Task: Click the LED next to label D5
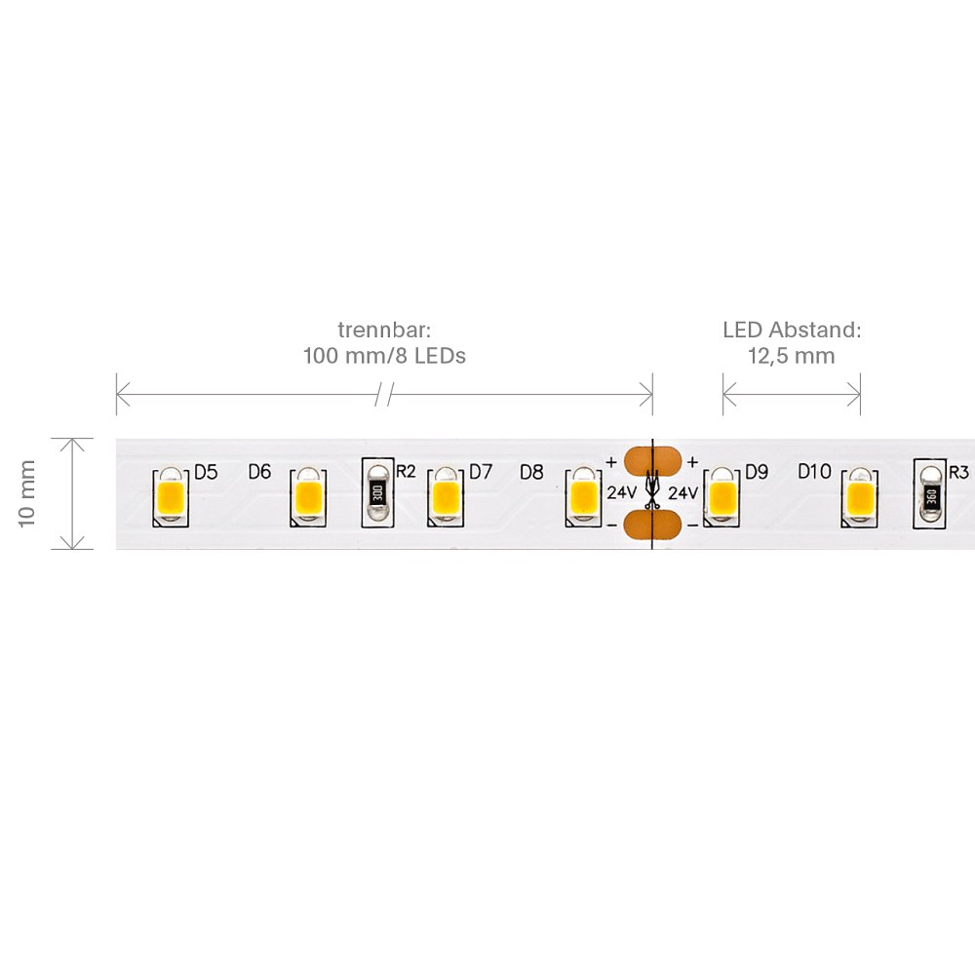coord(171,497)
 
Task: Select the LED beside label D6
coord(307,497)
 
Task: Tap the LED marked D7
coord(446,497)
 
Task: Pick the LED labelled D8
coord(583,497)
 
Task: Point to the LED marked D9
coord(722,497)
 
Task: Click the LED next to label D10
coord(860,497)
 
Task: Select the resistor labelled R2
coord(377,492)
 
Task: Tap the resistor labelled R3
coord(931,494)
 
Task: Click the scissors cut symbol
coord(652,492)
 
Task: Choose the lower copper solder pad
coord(651,524)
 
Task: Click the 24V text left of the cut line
coord(621,492)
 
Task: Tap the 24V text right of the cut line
coord(682,492)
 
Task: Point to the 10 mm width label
coord(27,493)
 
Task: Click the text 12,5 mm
coord(791,356)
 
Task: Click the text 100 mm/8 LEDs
coord(384,356)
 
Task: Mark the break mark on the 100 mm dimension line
coord(384,395)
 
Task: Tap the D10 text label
coord(814,472)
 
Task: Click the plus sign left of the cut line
coord(611,461)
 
